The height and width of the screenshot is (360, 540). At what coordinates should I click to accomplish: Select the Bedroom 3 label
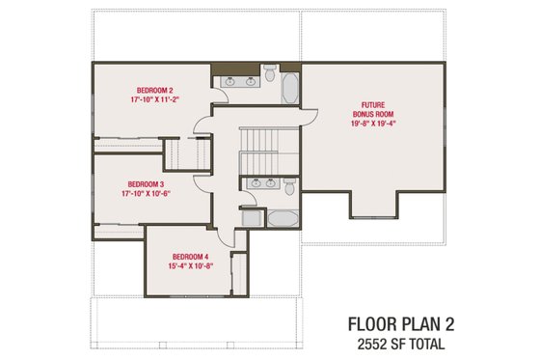(146, 184)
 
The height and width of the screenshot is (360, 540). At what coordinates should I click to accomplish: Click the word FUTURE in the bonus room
(374, 105)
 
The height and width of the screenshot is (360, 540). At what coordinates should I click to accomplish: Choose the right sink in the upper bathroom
(251, 82)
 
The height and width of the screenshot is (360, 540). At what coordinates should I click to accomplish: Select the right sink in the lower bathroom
(273, 182)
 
